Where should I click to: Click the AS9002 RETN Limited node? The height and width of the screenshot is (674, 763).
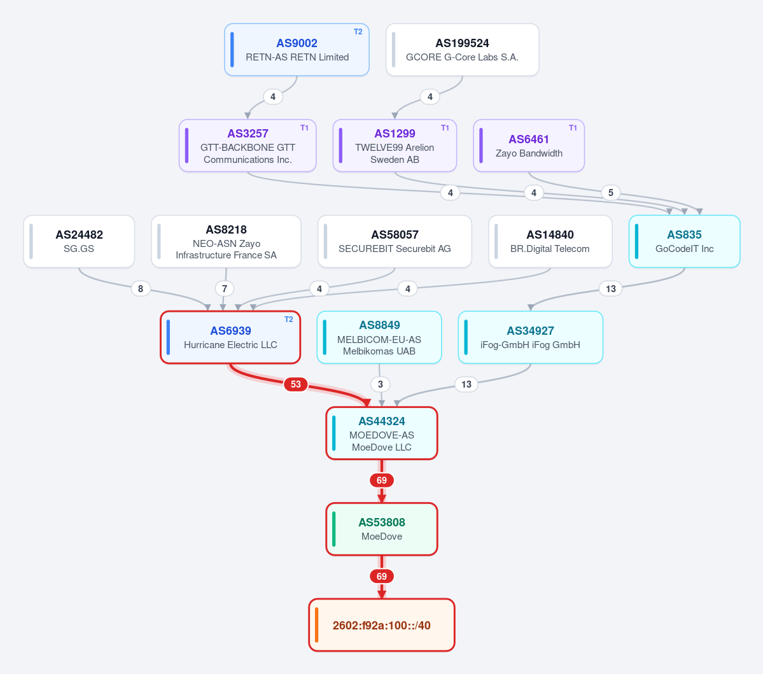tap(297, 50)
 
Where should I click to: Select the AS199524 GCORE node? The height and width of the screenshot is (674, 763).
tap(462, 50)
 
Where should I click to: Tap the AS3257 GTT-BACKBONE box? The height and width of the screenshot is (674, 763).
tap(248, 146)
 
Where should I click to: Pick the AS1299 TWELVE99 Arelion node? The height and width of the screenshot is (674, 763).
tap(395, 146)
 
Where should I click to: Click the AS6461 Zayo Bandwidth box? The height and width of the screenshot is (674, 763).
tap(529, 146)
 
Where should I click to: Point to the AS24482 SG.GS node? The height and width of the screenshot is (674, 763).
tap(79, 241)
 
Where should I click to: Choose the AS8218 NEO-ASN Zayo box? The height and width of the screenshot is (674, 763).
tap(227, 241)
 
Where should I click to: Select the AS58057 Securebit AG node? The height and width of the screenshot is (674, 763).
tap(395, 241)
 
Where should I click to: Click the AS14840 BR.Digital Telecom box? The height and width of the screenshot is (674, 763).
tap(550, 241)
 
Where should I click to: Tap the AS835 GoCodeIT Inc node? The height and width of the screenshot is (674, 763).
tap(685, 241)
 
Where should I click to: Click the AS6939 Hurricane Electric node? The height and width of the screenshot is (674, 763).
tap(230, 337)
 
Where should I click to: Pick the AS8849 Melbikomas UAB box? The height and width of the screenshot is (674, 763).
tap(379, 337)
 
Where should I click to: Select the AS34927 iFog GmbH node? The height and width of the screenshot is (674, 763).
tap(530, 337)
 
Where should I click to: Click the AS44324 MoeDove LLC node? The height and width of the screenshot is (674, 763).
tap(382, 433)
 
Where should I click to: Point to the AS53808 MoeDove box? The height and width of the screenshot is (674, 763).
tap(382, 529)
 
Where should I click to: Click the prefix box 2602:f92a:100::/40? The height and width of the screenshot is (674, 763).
tap(382, 625)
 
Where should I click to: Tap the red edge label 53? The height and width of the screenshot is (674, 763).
tap(296, 384)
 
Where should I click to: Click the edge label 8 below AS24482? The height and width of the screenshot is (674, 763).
tap(141, 288)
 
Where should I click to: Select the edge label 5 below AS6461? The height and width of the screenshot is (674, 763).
tap(611, 193)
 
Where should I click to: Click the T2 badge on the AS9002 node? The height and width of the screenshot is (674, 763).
tap(358, 32)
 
